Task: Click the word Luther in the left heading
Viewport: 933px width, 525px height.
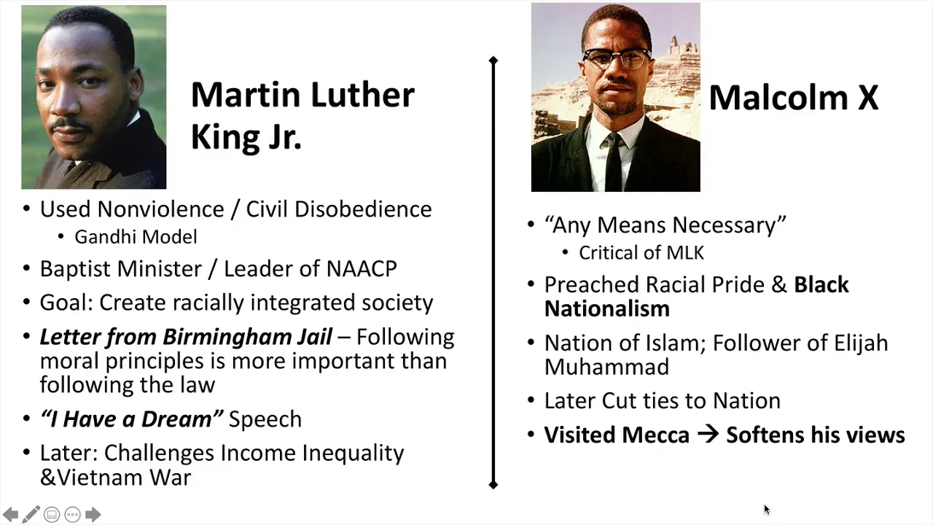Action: (362, 95)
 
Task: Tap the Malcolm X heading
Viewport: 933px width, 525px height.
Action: (794, 98)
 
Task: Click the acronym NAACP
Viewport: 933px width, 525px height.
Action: (362, 269)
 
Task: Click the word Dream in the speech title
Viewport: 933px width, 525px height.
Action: (176, 419)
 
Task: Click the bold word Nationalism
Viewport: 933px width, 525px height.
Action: (607, 309)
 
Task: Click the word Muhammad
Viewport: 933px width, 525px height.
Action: (607, 367)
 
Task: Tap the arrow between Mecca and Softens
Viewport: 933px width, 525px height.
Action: (708, 435)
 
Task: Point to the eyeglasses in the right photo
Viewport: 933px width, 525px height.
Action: (617, 59)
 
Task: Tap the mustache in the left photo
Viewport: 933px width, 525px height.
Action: (70, 124)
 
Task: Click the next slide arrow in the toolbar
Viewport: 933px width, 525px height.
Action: (93, 515)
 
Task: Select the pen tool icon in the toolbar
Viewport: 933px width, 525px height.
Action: (31, 515)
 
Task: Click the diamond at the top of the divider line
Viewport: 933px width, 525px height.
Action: (493, 61)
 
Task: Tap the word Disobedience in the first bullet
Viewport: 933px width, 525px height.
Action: (363, 209)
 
